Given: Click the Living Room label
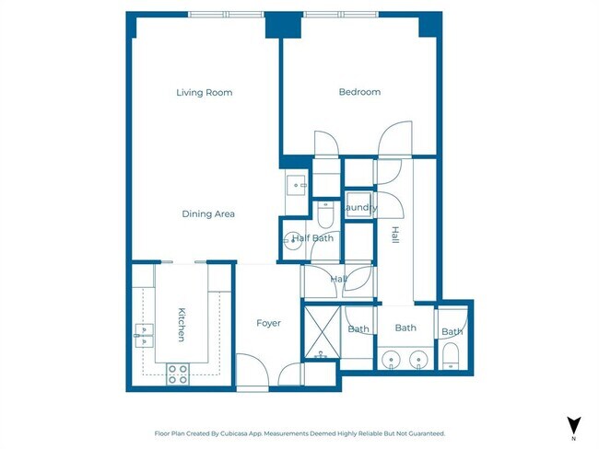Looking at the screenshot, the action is (x=205, y=92).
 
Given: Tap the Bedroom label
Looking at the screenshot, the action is (x=359, y=92).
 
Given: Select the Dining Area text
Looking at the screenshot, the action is (x=208, y=214).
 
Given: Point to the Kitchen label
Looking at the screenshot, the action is (x=182, y=324).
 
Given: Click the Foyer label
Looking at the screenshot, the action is (x=268, y=323).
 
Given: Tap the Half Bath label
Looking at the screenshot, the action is (x=312, y=238).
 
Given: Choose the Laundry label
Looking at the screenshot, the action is (x=359, y=208).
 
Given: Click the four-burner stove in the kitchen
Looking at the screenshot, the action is (x=178, y=374).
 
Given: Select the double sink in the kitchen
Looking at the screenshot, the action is (x=145, y=335).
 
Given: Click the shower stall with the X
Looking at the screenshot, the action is (x=322, y=331).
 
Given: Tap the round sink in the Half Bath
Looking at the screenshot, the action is (x=293, y=241).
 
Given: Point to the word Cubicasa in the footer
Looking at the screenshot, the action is (x=232, y=433).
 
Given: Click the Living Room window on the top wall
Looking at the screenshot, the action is (x=226, y=15).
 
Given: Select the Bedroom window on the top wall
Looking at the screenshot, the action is (x=341, y=15).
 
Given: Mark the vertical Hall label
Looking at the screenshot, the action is (x=395, y=235).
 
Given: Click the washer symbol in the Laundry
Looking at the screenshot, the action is (x=358, y=205).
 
